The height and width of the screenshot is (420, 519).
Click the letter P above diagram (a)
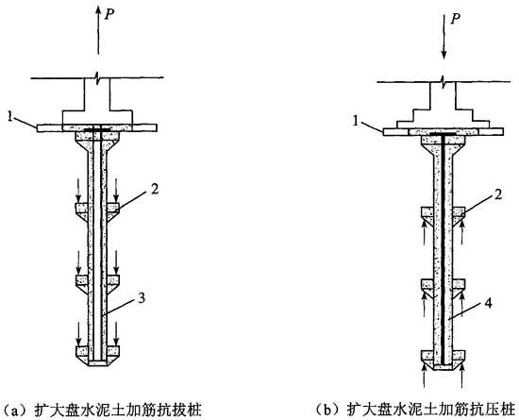point(109,14)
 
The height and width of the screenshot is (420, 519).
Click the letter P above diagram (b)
point(456,19)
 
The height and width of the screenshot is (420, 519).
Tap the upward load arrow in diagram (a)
point(98,30)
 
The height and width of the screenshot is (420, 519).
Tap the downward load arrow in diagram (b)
point(444,36)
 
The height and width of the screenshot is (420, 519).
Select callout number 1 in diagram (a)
point(11,116)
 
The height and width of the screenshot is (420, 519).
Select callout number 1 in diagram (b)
point(357,122)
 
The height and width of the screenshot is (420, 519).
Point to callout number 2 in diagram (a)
point(155,189)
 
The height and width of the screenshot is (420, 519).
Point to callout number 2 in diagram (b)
point(498,194)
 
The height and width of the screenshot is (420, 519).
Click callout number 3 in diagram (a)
point(142,298)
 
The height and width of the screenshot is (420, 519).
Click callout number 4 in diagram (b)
point(489,303)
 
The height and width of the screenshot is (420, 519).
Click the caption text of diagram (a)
point(102,411)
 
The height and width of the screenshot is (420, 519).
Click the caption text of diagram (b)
point(416,411)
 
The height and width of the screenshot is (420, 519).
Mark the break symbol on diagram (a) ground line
point(97,77)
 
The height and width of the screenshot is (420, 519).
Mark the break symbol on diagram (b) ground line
point(444,82)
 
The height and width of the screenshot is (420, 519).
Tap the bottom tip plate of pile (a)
point(97,362)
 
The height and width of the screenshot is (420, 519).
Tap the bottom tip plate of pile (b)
point(444,367)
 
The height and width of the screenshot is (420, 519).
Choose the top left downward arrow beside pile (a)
point(78,191)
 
